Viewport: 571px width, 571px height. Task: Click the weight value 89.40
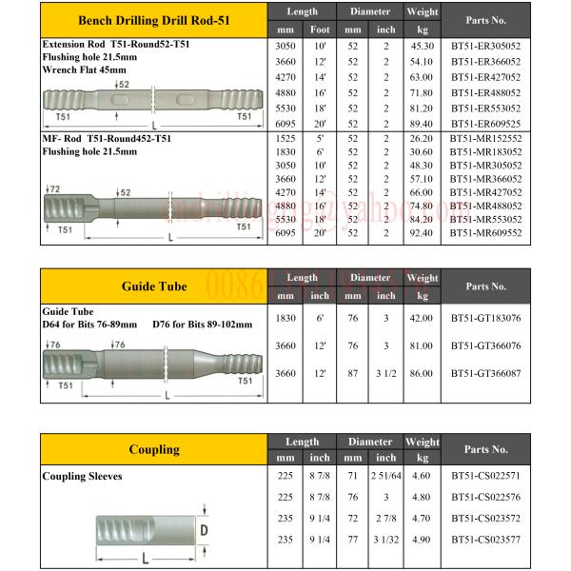tap(422, 124)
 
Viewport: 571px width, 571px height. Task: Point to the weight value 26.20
tap(422, 139)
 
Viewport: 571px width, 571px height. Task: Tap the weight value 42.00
tap(422, 321)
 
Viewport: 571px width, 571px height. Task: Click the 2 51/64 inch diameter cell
tap(385, 474)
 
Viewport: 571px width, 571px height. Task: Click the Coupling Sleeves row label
tap(82, 475)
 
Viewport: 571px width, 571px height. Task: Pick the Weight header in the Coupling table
tap(422, 442)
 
